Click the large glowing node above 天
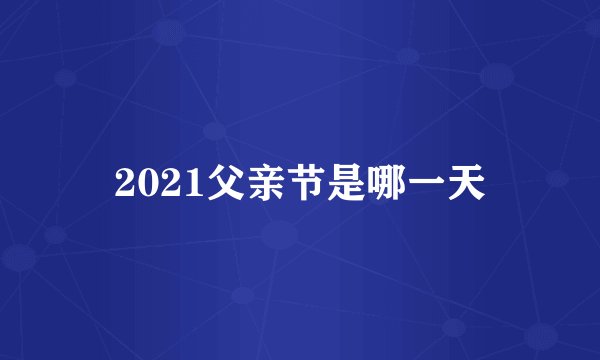497,75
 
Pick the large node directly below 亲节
280,236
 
